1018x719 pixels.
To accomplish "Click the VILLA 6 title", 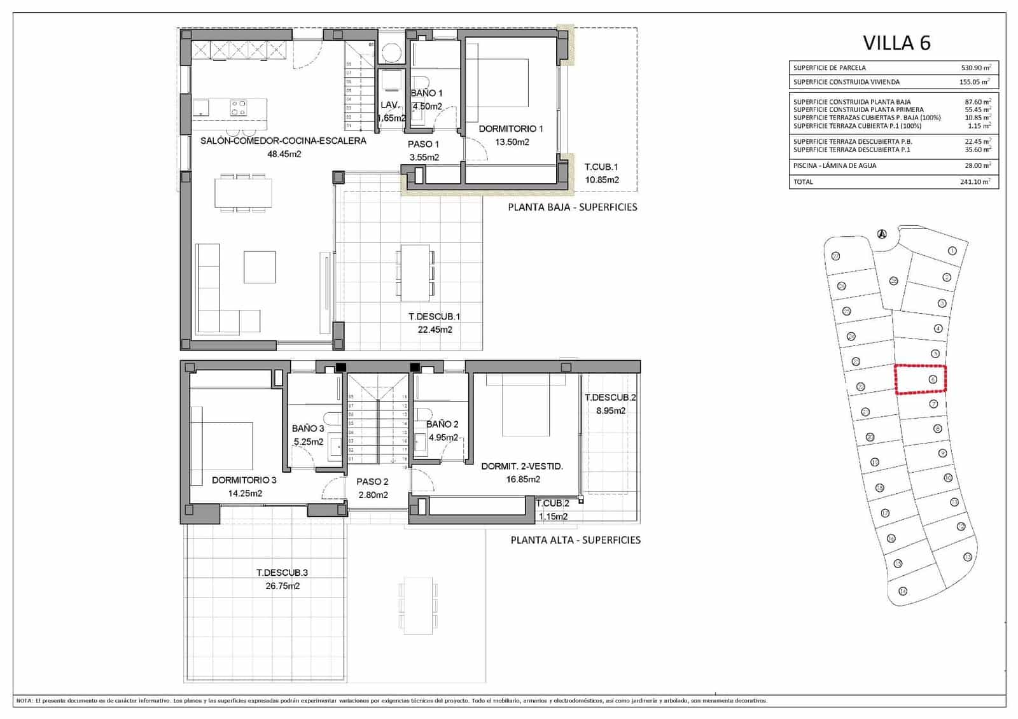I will (896, 43).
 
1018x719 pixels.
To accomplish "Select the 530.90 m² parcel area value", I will (975, 67).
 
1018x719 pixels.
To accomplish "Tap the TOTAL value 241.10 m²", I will (975, 182).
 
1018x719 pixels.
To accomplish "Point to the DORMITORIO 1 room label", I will (511, 129).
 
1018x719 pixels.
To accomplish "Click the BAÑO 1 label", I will (426, 93).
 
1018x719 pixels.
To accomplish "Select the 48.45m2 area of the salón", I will (284, 154).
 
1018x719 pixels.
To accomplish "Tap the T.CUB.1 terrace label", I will (601, 167).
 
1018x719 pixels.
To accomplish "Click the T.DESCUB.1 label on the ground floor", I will (435, 316).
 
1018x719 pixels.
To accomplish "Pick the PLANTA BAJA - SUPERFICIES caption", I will (572, 207).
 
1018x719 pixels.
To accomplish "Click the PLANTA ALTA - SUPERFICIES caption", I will (575, 540).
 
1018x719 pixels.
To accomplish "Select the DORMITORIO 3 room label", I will (244, 480).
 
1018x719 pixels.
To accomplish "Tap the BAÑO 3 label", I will (308, 428).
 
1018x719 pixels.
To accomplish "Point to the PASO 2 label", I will (372, 482).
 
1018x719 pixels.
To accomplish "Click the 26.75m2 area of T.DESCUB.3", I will (282, 586).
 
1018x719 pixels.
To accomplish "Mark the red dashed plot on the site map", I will (921, 379).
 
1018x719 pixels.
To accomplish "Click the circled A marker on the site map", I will (881, 234).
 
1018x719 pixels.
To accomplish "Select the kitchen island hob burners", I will (239, 108).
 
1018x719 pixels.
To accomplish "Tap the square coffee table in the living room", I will (260, 267).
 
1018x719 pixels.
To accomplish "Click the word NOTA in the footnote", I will (24, 701).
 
